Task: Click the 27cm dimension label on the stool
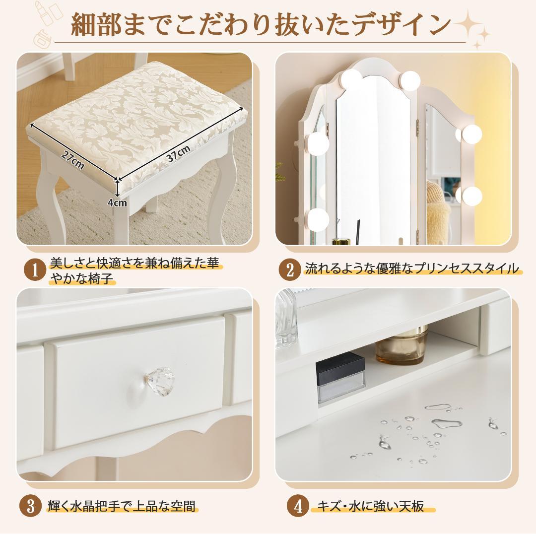tap(72, 160)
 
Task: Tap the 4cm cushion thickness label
tap(118, 202)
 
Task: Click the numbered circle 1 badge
tap(35, 270)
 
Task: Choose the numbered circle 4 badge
tap(298, 507)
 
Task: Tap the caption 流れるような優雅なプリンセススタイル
tap(411, 269)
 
